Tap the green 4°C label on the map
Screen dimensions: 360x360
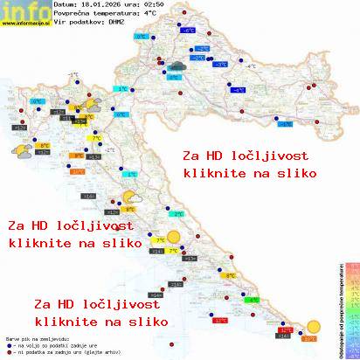[x=253, y=300]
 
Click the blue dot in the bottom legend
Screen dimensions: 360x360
[x=9, y=345]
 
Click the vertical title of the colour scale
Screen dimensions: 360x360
[x=341, y=306]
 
